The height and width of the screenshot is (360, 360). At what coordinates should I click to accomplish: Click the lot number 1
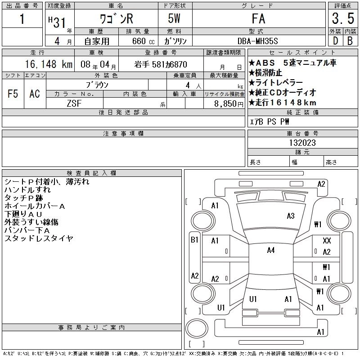coord(22,19)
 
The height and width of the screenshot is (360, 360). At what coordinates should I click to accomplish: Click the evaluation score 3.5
coord(342,19)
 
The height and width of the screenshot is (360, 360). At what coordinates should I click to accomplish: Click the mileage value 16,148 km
coord(40,64)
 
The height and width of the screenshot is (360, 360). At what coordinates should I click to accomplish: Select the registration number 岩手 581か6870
coord(161,64)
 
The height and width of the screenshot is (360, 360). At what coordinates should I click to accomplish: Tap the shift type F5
coord(13,94)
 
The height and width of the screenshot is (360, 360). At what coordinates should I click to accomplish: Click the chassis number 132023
coord(302,143)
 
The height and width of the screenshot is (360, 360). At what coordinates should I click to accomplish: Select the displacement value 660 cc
coord(138,40)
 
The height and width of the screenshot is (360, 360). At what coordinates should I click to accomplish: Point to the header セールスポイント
coord(302,52)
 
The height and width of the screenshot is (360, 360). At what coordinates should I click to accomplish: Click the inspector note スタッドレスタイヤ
coord(39,238)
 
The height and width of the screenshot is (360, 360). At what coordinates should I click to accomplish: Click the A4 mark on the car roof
coord(270,250)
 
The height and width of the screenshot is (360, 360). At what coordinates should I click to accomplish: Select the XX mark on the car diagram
coord(327,241)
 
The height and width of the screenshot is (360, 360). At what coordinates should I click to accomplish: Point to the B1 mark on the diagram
coord(194,240)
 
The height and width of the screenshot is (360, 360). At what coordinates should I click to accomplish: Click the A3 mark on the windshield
coord(290,216)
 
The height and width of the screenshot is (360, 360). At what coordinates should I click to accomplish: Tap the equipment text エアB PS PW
coord(270,121)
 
